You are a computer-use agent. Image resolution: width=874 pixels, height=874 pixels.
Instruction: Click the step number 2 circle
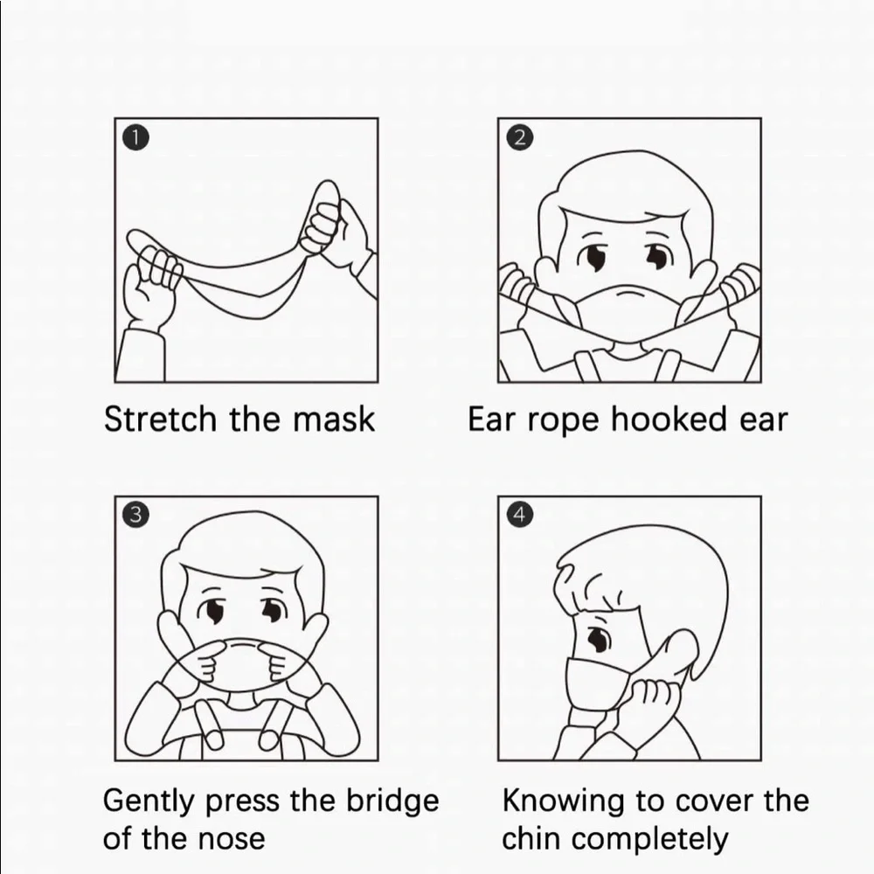point(519,138)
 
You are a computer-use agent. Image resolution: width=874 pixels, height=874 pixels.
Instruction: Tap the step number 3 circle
point(136,515)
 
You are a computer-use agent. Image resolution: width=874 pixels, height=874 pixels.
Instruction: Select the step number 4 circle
point(519,515)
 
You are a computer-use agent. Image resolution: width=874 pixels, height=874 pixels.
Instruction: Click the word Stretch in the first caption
point(160,419)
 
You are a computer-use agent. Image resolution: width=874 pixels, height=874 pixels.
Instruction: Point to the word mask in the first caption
point(334,419)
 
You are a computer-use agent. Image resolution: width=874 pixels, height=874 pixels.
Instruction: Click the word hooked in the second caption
point(669,419)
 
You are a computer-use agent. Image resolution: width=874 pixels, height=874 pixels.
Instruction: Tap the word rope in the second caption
point(563,422)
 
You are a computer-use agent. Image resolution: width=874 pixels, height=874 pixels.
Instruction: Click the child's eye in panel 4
point(598,639)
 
